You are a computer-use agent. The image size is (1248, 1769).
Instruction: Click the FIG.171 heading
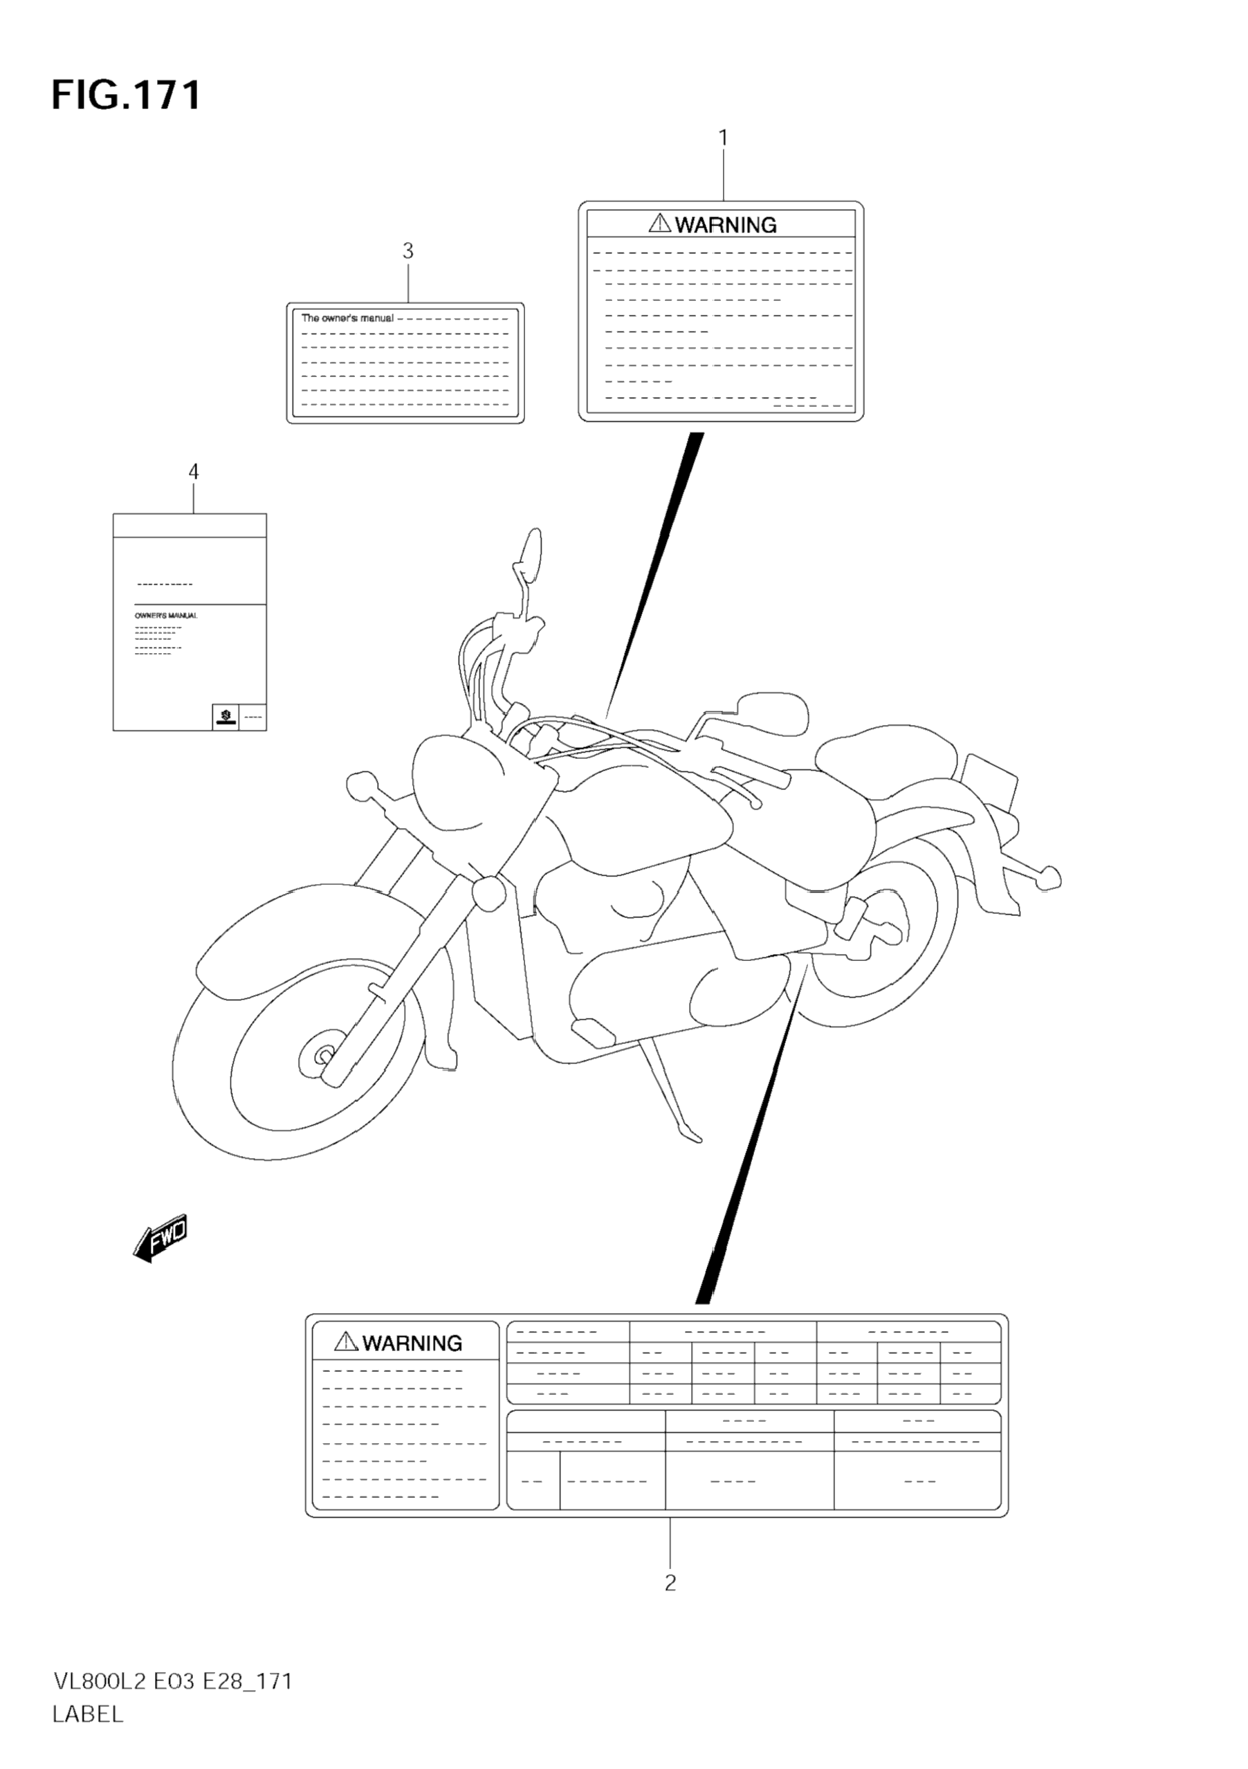127,95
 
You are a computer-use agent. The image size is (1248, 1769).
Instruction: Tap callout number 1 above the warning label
723,138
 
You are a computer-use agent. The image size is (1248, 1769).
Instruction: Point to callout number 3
408,250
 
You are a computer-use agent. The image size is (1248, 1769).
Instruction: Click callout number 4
194,472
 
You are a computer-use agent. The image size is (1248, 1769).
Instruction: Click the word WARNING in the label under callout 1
726,225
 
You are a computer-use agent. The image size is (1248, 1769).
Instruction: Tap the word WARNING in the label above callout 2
412,1343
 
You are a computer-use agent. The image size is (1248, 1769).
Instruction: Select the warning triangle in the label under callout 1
660,223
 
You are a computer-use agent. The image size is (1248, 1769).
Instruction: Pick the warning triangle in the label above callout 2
346,1341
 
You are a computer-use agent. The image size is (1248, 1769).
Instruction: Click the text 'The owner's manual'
347,318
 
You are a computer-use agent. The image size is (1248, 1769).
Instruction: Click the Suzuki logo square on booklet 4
224,717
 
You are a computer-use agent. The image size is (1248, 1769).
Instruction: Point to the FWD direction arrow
160,1238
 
